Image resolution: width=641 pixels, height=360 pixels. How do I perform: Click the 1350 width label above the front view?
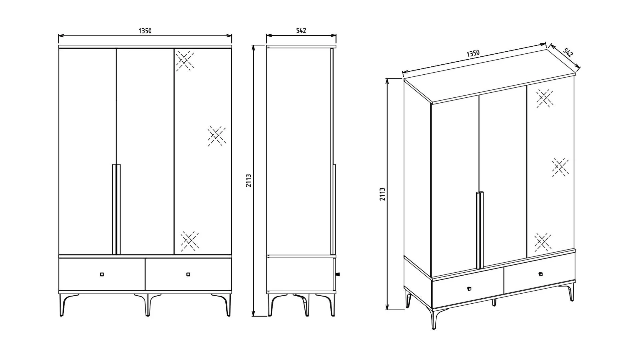tap(145, 31)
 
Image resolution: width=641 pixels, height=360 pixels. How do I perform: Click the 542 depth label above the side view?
tap(301, 30)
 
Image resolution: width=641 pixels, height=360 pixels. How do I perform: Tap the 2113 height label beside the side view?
tap(249, 181)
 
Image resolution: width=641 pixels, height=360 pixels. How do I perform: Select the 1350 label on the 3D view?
tap(473, 53)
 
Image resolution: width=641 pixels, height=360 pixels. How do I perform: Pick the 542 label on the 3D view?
tap(568, 53)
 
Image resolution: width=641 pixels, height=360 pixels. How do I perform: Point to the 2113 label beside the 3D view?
tap(382, 194)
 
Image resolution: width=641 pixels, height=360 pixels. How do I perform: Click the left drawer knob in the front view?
tap(102, 274)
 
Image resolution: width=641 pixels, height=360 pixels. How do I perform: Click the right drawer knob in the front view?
tap(188, 274)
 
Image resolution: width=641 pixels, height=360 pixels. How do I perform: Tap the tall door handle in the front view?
tap(116, 210)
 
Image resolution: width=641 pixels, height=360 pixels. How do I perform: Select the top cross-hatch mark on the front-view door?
tap(185, 61)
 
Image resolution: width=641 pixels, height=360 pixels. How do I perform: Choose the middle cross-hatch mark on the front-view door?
tap(217, 136)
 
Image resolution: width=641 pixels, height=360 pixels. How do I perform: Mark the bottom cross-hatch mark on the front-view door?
tap(190, 241)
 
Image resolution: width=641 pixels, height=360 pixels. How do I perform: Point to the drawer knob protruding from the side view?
tap(338, 274)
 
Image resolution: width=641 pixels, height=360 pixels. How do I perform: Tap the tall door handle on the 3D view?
tap(479, 230)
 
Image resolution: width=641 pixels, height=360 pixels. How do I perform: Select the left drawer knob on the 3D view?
tap(469, 289)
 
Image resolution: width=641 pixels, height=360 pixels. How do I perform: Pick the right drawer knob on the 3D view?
tap(541, 274)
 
